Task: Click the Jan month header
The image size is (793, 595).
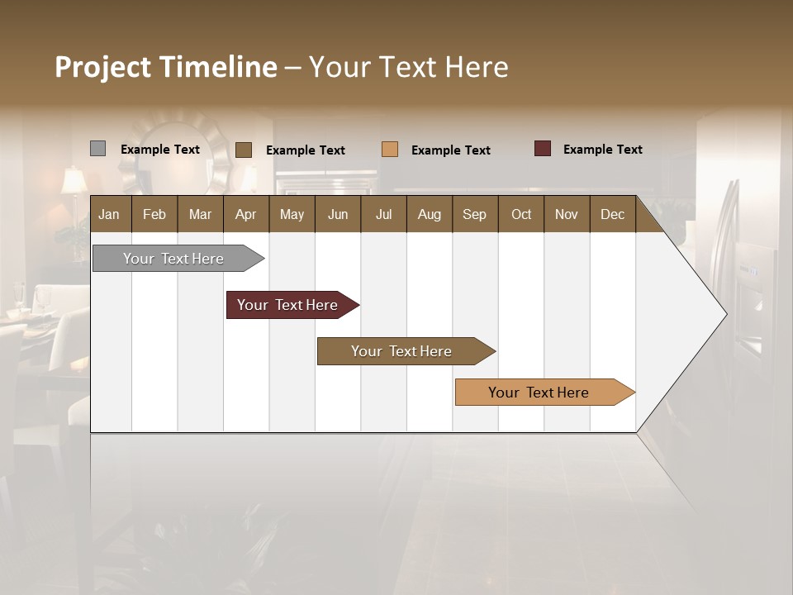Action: (x=110, y=215)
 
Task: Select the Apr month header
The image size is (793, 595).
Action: (x=246, y=215)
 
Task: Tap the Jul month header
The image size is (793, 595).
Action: (x=383, y=215)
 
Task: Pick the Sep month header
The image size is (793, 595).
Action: (x=474, y=215)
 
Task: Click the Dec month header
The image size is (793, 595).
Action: (x=612, y=215)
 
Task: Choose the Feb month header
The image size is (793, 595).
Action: (x=154, y=215)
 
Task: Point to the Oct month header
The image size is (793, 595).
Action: (x=521, y=215)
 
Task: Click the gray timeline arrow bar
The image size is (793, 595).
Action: (x=173, y=259)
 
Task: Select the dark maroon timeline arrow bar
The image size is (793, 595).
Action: (x=287, y=305)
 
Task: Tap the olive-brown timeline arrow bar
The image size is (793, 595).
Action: (x=401, y=351)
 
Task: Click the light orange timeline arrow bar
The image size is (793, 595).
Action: (x=539, y=393)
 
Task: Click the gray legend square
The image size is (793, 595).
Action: (x=97, y=149)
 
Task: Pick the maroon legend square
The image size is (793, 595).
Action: (x=542, y=149)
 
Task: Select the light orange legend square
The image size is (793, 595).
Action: (x=390, y=150)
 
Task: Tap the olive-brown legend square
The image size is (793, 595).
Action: (x=244, y=150)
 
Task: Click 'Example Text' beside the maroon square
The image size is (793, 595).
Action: (x=602, y=150)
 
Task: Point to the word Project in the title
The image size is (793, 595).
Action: (x=103, y=67)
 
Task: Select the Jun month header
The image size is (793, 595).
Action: (x=338, y=215)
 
